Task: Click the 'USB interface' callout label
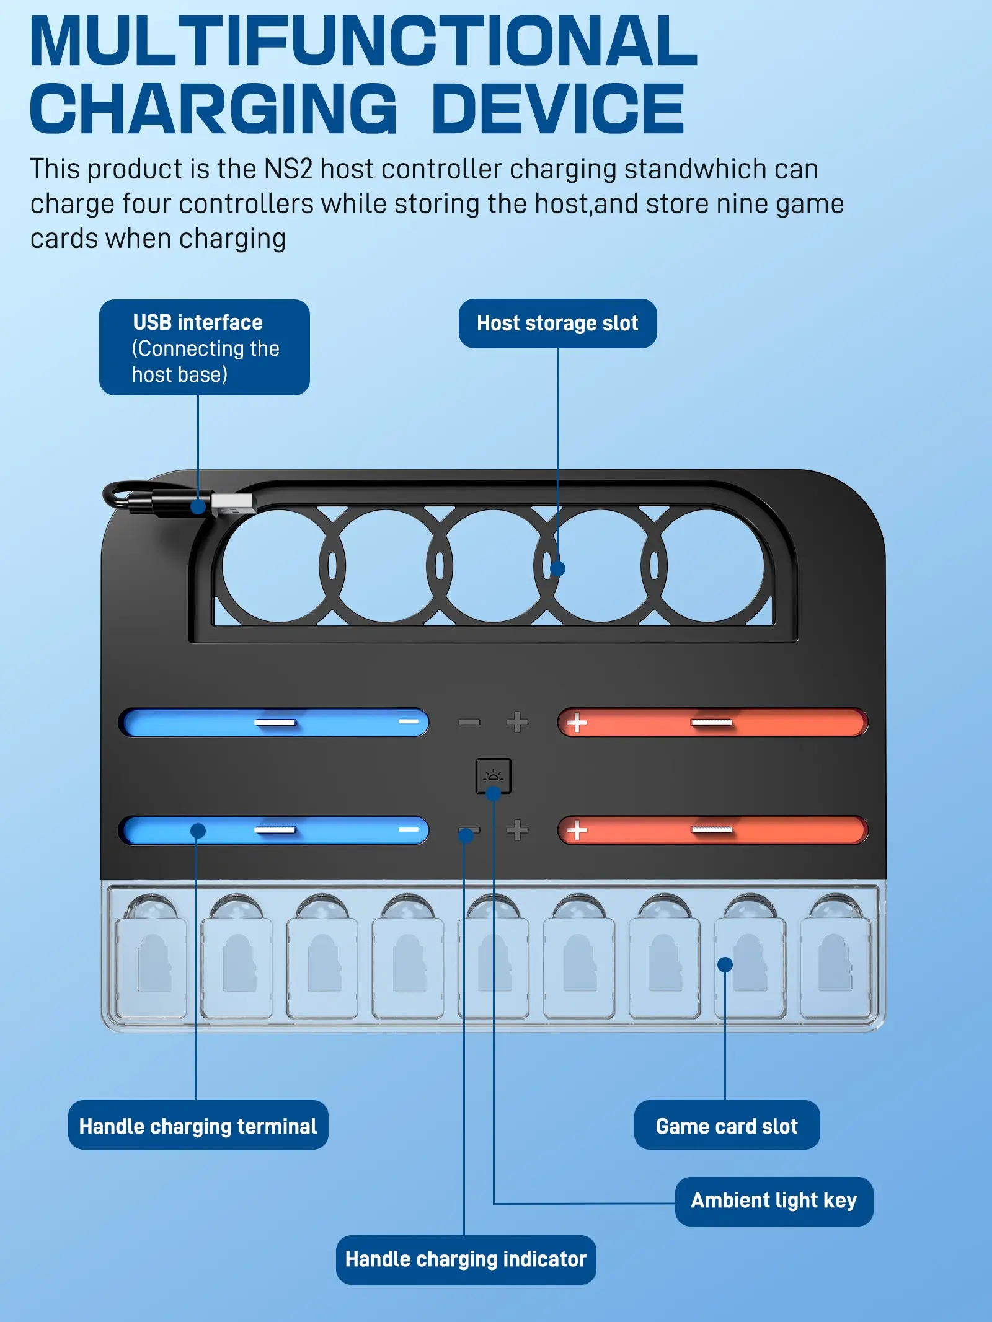(205, 347)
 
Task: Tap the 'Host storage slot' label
(557, 324)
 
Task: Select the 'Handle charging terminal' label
(198, 1126)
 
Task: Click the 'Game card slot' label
(727, 1126)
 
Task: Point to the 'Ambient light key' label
(774, 1201)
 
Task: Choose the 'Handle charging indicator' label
(466, 1259)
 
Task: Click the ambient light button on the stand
(494, 775)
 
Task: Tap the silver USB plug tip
(233, 503)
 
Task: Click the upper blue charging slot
(273, 722)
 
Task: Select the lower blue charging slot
(273, 830)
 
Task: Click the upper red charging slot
(713, 722)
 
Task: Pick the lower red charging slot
(713, 830)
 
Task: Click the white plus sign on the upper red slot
(577, 722)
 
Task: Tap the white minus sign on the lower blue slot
(408, 829)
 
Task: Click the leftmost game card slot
(151, 967)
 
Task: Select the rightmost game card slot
(836, 967)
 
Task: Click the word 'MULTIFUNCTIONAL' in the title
(364, 41)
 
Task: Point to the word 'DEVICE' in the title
(558, 109)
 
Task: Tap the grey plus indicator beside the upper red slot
(517, 722)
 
